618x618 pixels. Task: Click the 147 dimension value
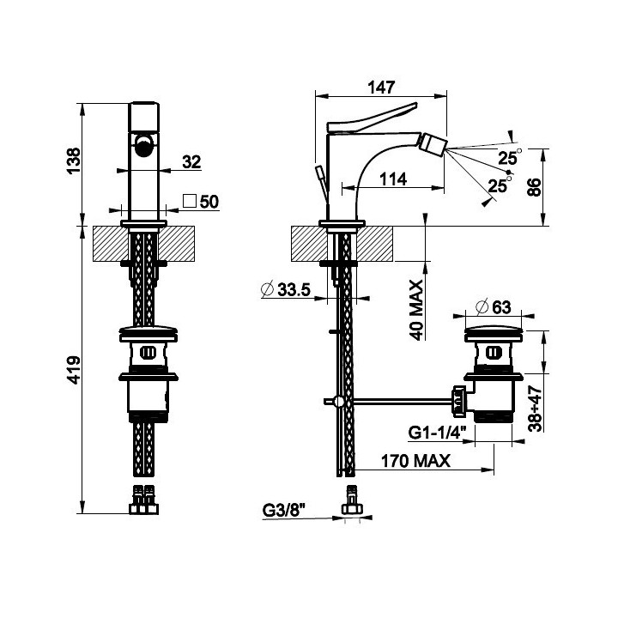pyautogui.click(x=381, y=87)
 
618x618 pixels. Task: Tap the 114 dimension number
pyautogui.click(x=393, y=179)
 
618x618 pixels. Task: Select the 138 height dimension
pyautogui.click(x=74, y=160)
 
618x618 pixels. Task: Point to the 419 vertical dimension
pyautogui.click(x=74, y=370)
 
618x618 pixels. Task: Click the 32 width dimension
pyautogui.click(x=191, y=161)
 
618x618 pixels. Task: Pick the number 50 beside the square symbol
pyautogui.click(x=209, y=202)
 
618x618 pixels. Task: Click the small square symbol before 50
pyautogui.click(x=190, y=201)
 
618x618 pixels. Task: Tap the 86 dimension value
pyautogui.click(x=534, y=187)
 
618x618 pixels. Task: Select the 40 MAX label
pyautogui.click(x=416, y=310)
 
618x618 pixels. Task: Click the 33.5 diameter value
pyautogui.click(x=294, y=290)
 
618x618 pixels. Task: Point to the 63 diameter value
pyautogui.click(x=501, y=307)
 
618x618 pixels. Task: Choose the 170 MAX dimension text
pyautogui.click(x=415, y=460)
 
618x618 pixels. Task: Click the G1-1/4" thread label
pyautogui.click(x=437, y=433)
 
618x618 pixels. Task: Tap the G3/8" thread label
pyautogui.click(x=284, y=511)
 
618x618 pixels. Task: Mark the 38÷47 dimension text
pyautogui.click(x=536, y=409)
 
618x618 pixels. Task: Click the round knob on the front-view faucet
pyautogui.click(x=143, y=145)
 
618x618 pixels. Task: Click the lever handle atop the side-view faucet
pyautogui.click(x=372, y=118)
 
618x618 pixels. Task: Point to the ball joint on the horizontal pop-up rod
pyautogui.click(x=338, y=402)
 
